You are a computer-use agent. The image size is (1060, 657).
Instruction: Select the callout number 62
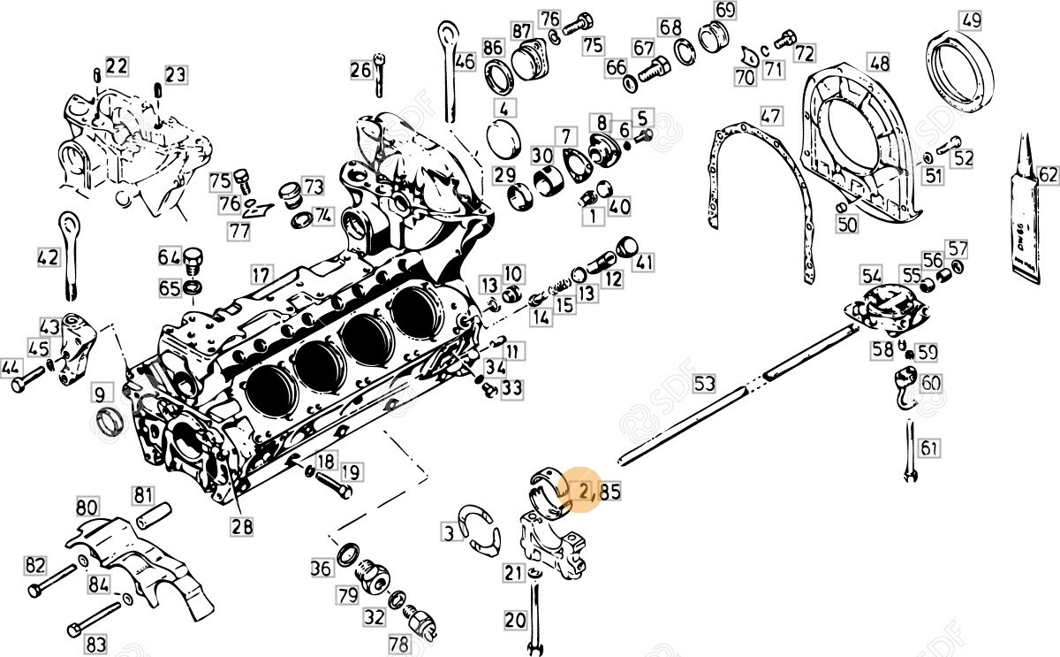(x=1048, y=175)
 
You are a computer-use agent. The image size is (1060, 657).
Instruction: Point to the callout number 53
(x=704, y=383)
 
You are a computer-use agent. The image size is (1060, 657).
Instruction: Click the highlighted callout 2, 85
(x=598, y=492)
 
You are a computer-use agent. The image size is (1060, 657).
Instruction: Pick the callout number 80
(x=86, y=508)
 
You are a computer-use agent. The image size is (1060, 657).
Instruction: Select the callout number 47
(x=771, y=115)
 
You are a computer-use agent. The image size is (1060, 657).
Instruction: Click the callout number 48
(x=878, y=63)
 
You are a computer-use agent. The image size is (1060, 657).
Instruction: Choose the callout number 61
(x=928, y=448)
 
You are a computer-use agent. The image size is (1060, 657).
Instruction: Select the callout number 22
(x=117, y=65)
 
